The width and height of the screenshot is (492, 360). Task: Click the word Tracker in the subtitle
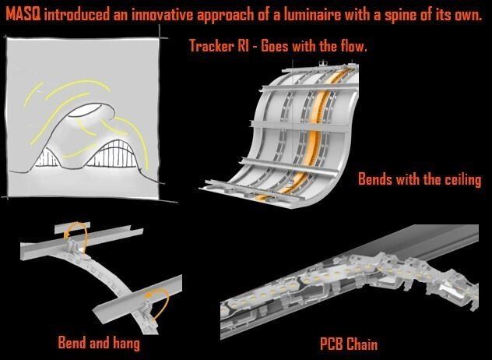tap(212, 46)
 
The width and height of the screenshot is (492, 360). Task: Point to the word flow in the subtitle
tap(353, 46)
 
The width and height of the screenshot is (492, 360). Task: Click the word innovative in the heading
tap(162, 15)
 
